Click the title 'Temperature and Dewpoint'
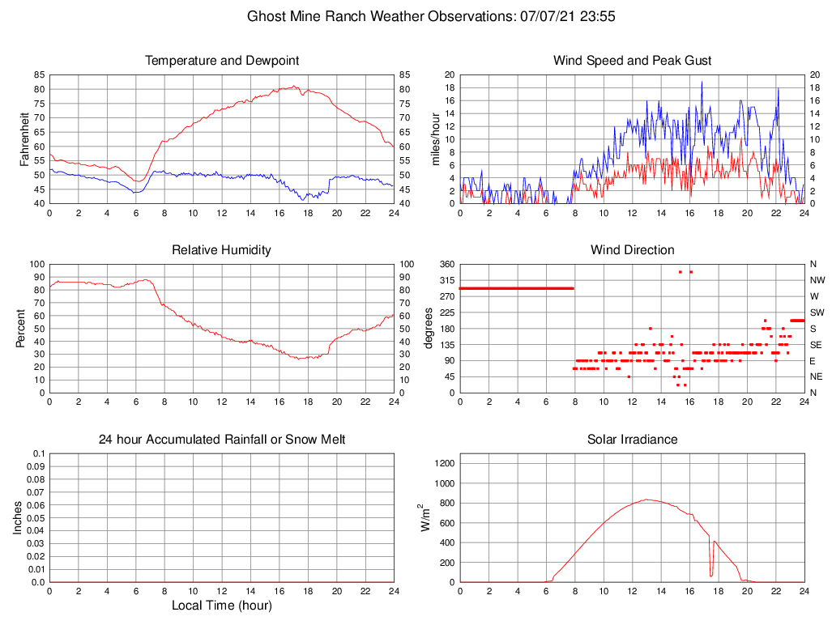tap(221, 61)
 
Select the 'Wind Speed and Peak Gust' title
tap(632, 61)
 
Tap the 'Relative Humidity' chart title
tap(221, 250)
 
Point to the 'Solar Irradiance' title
tap(632, 440)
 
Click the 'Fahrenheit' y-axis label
tap(24, 138)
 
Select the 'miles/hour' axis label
tap(436, 138)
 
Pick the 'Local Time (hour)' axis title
tap(221, 606)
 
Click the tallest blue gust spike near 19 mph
tap(702, 82)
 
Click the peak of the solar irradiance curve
tap(646, 500)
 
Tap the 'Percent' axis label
tap(21, 328)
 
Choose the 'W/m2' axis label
tap(425, 517)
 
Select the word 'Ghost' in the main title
tap(266, 15)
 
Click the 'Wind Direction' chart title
tap(632, 250)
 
